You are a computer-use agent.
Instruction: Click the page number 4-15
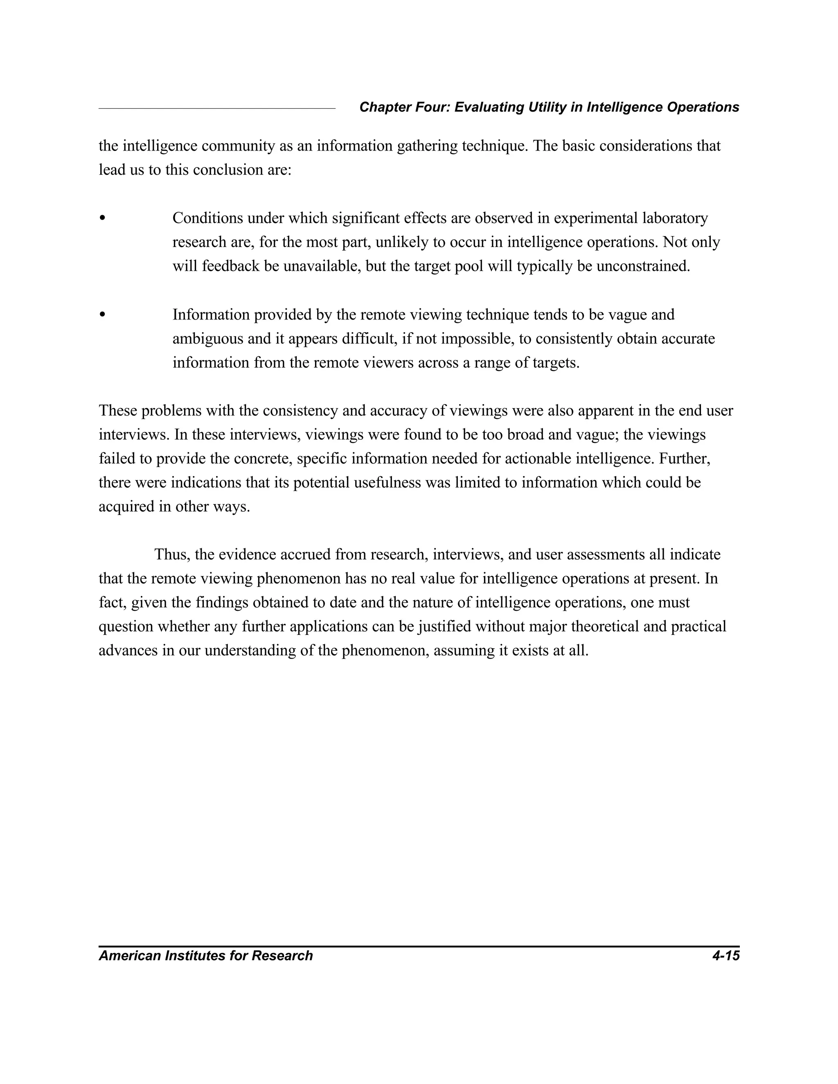(x=725, y=956)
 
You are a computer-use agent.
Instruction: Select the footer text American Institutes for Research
(x=205, y=956)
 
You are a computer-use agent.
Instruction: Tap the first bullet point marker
(x=102, y=218)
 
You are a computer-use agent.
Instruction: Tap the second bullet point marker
(x=102, y=314)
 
